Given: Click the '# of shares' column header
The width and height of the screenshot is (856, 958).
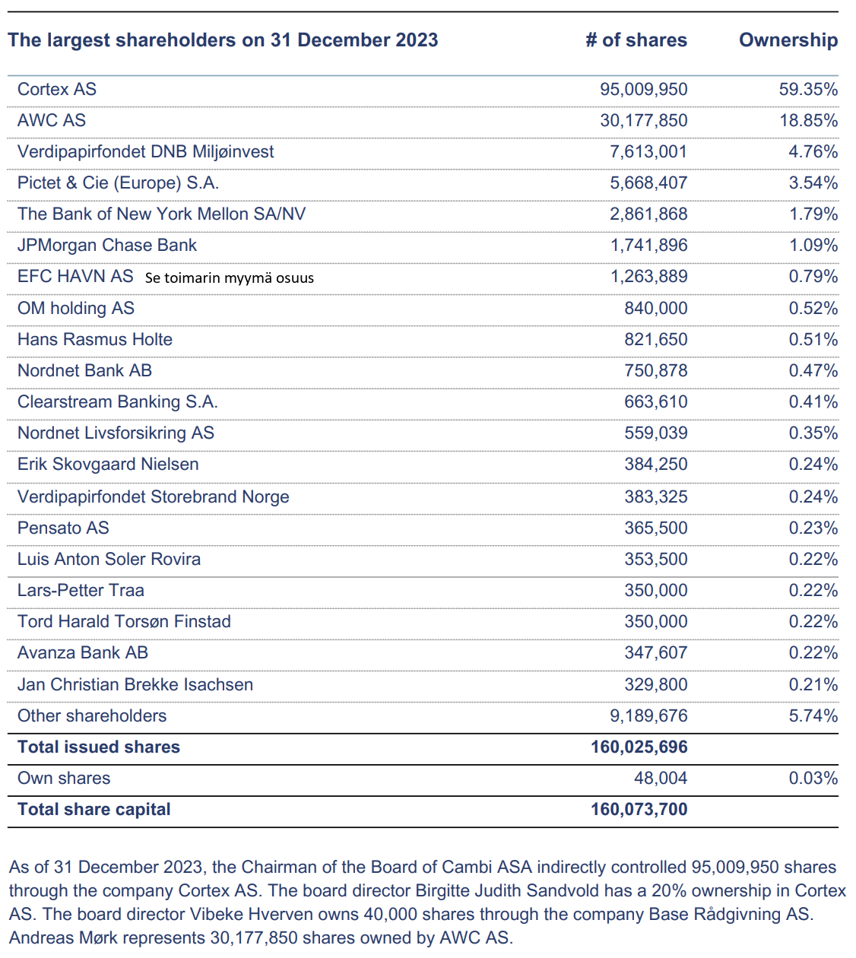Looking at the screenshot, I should (x=636, y=40).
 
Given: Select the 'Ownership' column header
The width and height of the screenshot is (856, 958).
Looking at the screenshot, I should (x=788, y=40).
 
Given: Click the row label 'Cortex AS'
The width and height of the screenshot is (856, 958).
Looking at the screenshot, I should (x=57, y=89).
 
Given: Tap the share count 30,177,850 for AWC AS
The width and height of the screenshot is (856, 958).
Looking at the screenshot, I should (x=643, y=120).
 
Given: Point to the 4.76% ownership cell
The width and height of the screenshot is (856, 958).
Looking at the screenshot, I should (x=813, y=151).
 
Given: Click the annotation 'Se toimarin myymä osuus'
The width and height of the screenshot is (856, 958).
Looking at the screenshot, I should (x=229, y=278).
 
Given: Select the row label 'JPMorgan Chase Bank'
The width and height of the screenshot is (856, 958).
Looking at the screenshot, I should (x=107, y=245).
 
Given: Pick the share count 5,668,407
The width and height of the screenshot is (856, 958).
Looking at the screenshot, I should (x=648, y=182).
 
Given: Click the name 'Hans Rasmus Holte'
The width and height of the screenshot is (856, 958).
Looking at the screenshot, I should (x=95, y=339).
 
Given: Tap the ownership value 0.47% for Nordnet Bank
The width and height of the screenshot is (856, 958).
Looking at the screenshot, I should (x=813, y=370).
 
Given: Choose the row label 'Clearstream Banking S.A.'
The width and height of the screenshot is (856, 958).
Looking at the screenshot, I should (x=118, y=401).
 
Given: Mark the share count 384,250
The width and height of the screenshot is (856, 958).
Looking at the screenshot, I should (x=655, y=464).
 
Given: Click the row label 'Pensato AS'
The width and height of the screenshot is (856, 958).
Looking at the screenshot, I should (x=63, y=528).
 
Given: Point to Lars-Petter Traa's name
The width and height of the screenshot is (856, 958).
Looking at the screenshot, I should (x=81, y=590).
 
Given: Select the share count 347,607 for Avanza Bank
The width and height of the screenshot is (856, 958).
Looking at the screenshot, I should (x=655, y=652).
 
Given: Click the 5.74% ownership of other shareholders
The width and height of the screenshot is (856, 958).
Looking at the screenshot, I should (x=813, y=715).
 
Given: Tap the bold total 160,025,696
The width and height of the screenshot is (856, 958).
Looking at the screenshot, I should (x=639, y=747).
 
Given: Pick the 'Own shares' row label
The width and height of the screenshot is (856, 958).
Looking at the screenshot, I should (x=64, y=778).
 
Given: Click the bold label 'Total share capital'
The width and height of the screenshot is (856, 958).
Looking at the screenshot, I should (x=94, y=809).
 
